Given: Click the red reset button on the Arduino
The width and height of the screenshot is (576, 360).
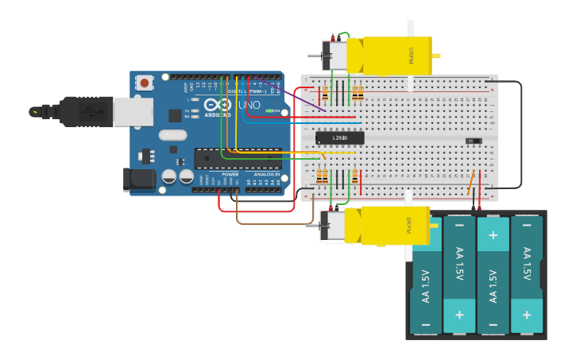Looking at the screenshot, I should click(145, 82).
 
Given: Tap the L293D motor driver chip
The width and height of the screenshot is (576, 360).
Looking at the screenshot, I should click(339, 138).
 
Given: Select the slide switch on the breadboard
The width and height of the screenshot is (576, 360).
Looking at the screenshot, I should click(474, 141).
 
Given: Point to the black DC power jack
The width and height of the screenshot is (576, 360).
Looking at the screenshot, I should click(138, 180).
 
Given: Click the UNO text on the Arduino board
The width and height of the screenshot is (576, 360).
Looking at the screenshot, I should click(249, 105).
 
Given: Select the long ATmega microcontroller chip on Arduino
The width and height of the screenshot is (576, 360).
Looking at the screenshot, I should click(237, 158).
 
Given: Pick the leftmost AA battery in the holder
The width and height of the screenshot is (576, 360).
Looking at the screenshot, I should click(426, 274).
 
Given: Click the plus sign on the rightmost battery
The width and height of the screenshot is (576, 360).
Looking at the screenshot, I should click(526, 315).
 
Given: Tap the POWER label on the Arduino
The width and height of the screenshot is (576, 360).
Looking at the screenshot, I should click(230, 174).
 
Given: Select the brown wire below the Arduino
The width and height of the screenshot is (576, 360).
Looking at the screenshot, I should click(262, 223).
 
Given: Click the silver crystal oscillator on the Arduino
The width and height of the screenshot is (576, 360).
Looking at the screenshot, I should click(172, 135).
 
